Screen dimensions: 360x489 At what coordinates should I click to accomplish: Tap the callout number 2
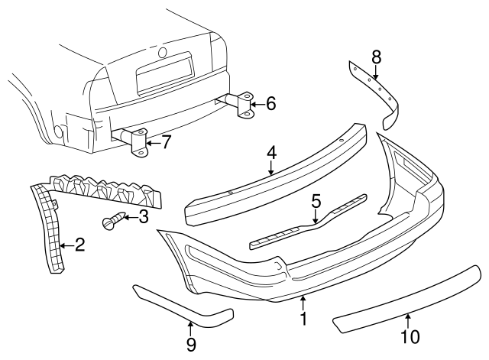click(x=79, y=245)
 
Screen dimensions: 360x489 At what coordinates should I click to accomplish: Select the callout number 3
click(x=143, y=219)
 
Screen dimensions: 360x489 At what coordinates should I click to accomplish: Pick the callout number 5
click(x=316, y=202)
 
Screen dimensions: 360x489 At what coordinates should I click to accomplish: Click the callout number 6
click(x=270, y=103)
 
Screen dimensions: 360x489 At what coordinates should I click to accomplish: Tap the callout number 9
click(x=190, y=345)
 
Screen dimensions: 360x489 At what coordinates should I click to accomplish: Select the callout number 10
click(x=410, y=336)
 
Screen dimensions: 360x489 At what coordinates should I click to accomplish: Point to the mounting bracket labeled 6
click(x=244, y=105)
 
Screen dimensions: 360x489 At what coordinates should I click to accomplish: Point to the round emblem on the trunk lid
click(x=162, y=53)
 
